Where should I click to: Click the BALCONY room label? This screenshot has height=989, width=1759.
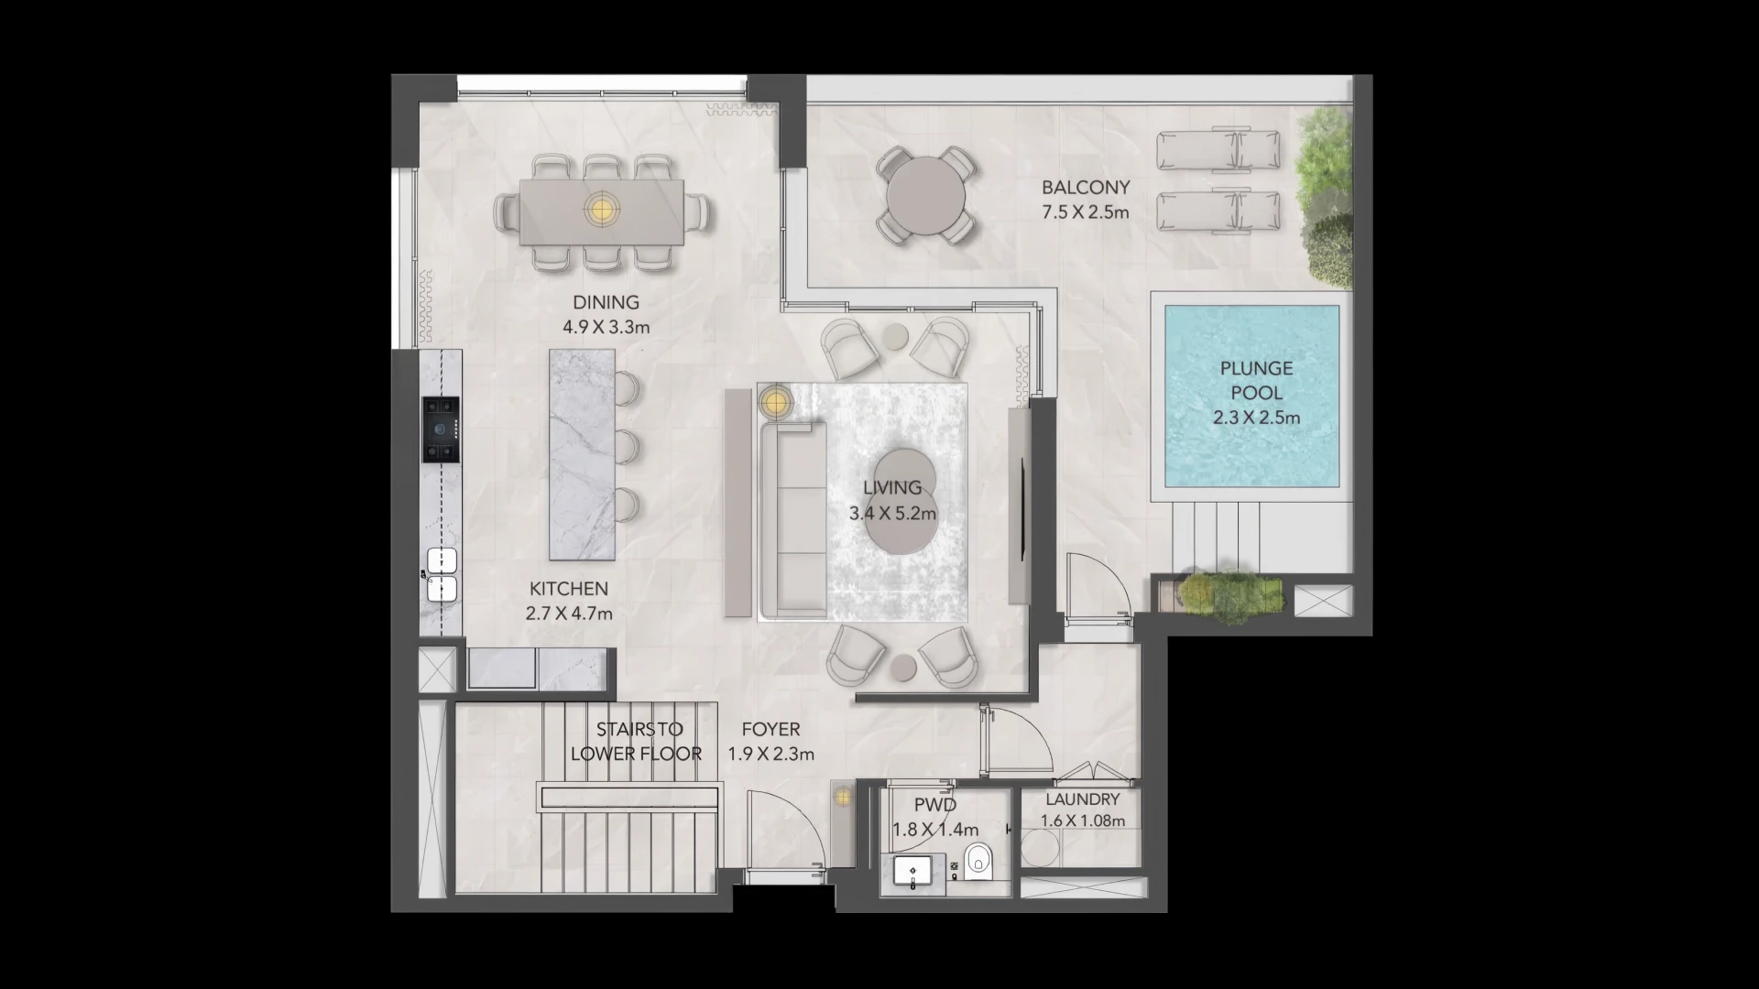[x=1086, y=187]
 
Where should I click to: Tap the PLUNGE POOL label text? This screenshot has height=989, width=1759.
[x=1256, y=381]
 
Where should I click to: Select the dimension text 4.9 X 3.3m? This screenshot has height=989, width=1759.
[x=606, y=327]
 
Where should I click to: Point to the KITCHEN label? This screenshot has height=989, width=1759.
[x=569, y=589]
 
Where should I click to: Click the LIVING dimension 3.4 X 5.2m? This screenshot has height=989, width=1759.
[x=892, y=514]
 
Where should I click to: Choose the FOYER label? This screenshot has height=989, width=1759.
[x=770, y=730]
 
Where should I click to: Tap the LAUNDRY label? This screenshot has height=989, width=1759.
[x=1083, y=799]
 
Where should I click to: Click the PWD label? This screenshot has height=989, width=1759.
[x=935, y=805]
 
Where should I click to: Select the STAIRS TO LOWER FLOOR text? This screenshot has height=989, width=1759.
[x=637, y=742]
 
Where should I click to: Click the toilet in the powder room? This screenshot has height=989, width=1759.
[x=978, y=859]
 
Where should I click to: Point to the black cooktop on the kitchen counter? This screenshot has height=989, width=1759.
[x=441, y=429]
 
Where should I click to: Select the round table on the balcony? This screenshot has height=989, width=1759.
[x=925, y=196]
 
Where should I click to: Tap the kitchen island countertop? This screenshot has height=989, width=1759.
[x=582, y=454]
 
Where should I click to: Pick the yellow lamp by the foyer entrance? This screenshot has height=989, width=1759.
[x=842, y=798]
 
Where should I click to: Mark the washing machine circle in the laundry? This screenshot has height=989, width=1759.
[x=1040, y=848]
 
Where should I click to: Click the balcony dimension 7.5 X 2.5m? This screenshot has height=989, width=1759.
[x=1086, y=212]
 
